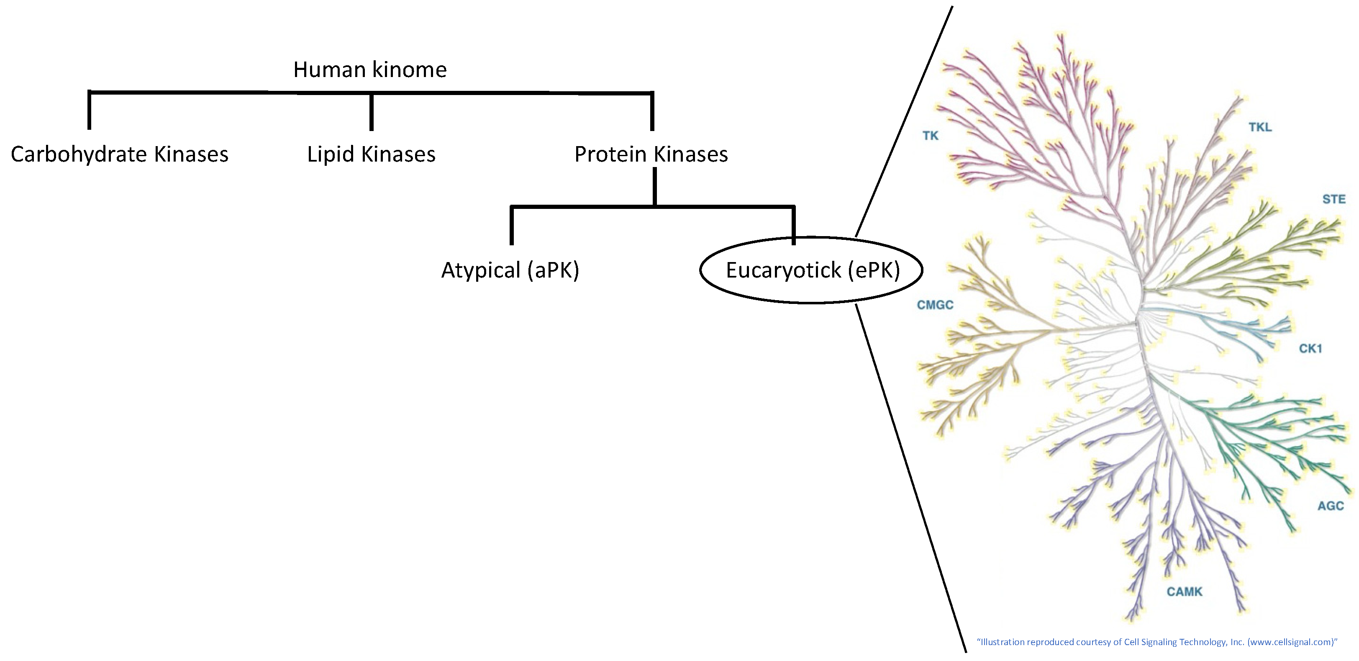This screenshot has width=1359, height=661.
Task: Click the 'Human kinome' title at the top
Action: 370,69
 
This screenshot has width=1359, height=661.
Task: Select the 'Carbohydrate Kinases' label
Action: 119,154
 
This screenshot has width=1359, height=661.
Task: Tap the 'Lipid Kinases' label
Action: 372,154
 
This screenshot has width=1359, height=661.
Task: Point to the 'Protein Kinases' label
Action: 651,154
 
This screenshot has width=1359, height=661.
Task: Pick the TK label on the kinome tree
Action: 931,136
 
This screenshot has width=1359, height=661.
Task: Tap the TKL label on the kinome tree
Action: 1260,127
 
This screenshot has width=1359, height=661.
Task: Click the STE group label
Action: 1333,199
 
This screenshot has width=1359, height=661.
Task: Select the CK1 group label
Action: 1310,348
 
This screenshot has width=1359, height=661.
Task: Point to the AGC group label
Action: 1331,506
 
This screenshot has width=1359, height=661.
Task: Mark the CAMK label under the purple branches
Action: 1185,592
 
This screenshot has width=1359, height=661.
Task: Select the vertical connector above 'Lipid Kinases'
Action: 372,112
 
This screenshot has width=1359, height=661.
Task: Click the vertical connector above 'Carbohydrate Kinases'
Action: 89,111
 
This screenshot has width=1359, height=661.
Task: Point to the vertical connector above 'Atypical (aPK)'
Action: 512,226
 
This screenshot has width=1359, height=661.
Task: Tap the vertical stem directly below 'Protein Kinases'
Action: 654,186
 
